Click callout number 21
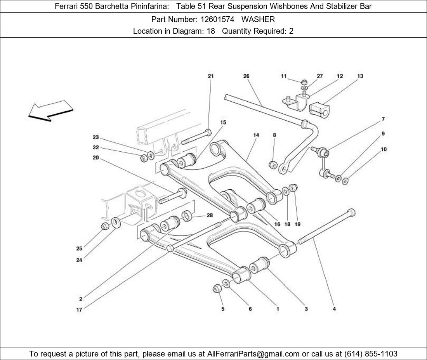(x=210, y=76)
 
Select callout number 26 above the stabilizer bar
(x=246, y=76)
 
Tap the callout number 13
(x=360, y=76)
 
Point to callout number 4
(x=334, y=309)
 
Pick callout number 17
(x=79, y=310)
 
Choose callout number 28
(x=210, y=215)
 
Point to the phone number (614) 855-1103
(x=371, y=354)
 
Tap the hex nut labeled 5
(x=217, y=288)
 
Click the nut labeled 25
(x=105, y=226)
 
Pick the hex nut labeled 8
(x=273, y=165)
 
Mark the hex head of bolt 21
(x=208, y=133)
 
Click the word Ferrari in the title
(x=66, y=6)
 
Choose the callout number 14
(x=256, y=135)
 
